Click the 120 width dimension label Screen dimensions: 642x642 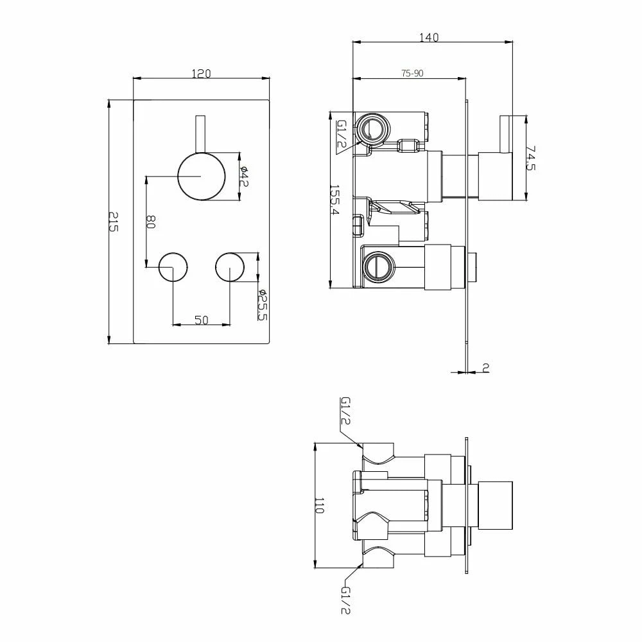coord(201,74)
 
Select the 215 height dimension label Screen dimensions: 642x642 coord(114,221)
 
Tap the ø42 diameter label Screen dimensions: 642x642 coord(245,176)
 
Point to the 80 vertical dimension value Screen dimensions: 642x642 coord(152,222)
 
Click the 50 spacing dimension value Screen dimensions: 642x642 coord(202,320)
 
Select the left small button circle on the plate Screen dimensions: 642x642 coord(172,266)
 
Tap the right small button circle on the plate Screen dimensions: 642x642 coord(230,266)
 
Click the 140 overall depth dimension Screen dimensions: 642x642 coord(429,37)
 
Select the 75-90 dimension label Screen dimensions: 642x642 coord(412,73)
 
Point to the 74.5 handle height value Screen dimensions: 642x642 coord(530,158)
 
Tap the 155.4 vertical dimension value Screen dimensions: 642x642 coord(334,200)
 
